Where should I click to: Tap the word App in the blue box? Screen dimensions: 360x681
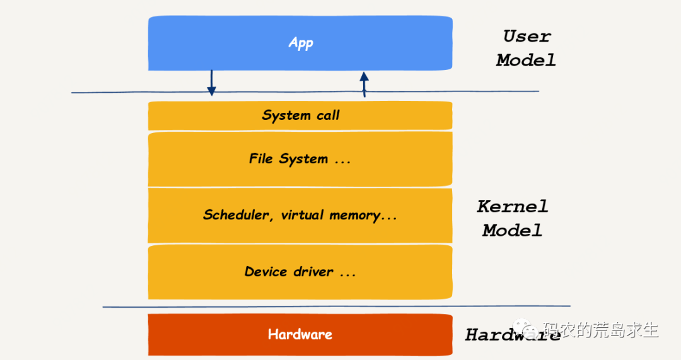(x=301, y=43)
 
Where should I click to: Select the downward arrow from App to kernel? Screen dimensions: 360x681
(x=211, y=83)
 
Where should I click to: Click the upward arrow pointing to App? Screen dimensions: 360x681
(x=364, y=84)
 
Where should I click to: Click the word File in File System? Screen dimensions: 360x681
(x=260, y=159)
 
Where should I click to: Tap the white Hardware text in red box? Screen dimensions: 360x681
(x=300, y=334)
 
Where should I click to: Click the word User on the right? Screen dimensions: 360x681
(x=527, y=37)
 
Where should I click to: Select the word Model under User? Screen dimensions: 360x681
(x=526, y=61)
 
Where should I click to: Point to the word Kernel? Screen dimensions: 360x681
(x=513, y=206)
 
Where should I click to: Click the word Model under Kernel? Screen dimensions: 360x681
(x=513, y=230)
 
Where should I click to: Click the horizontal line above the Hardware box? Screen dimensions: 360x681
(x=504, y=308)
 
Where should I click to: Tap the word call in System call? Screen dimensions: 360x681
(x=327, y=115)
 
